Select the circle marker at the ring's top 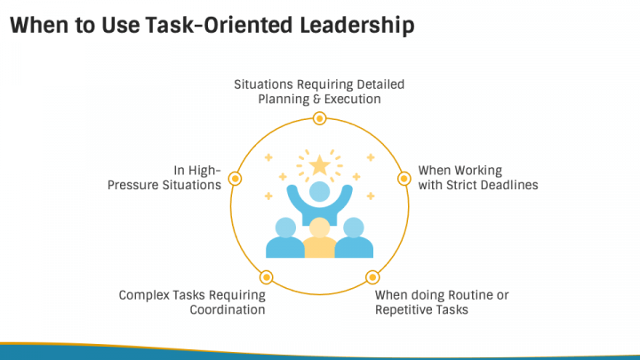click(319, 118)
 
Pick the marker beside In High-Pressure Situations click(236, 179)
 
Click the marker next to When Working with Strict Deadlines click(404, 179)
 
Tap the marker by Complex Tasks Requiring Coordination click(267, 277)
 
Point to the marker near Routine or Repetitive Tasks click(372, 277)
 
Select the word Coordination click(228, 310)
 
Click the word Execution click(352, 100)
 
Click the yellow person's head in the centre click(319, 227)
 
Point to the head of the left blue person click(285, 227)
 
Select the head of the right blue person click(353, 227)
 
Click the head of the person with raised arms click(319, 190)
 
